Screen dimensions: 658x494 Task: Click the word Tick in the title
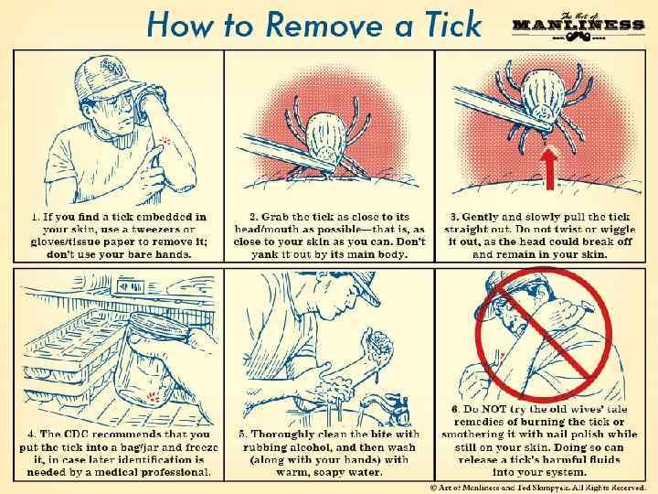452,25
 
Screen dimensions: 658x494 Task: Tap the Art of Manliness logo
578,27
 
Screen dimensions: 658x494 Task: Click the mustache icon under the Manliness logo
578,37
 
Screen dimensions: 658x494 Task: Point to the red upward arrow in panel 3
549,168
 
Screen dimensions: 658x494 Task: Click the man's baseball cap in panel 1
106,77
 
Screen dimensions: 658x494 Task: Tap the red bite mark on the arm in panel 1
166,140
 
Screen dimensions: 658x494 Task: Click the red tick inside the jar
153,397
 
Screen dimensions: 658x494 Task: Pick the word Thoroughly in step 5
281,435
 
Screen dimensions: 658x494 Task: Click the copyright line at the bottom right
538,488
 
